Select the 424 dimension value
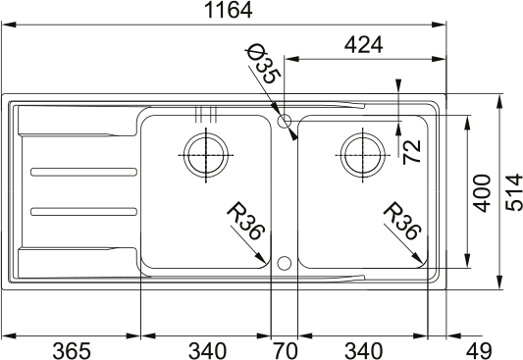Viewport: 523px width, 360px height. pos(362,45)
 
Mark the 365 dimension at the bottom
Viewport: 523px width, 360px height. pos(71,349)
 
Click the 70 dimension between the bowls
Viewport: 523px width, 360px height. pos(284,349)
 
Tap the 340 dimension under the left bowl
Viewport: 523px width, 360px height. pos(206,349)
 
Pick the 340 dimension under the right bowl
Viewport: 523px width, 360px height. pos(364,349)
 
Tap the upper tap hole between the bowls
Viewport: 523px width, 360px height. pos(285,122)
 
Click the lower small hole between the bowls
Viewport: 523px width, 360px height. pos(285,262)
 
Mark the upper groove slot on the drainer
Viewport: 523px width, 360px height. pos(81,172)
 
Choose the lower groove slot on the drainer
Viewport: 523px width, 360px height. pos(81,209)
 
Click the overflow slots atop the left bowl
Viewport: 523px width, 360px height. pos(205,112)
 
